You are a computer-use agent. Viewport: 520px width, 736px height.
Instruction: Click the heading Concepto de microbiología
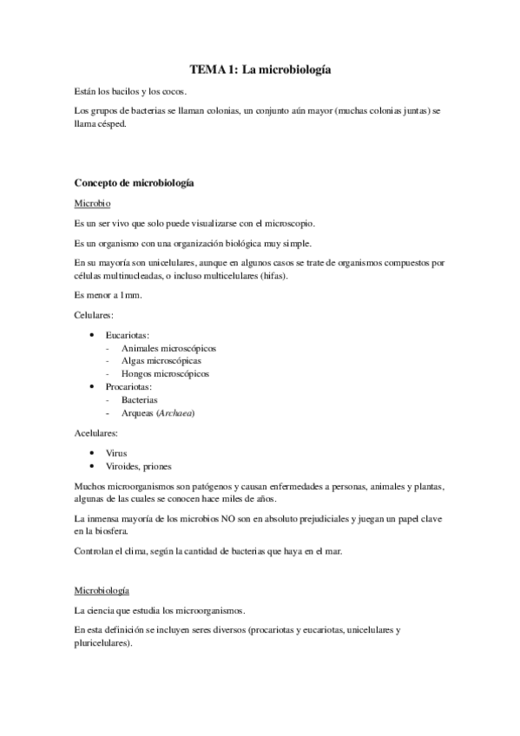pos(134,183)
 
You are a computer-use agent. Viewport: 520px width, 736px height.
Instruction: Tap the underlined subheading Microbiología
pos(102,590)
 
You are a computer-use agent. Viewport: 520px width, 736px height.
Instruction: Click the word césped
pos(112,123)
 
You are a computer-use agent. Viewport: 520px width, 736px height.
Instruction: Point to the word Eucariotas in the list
pos(128,334)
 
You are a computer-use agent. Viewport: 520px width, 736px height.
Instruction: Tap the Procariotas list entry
pos(129,386)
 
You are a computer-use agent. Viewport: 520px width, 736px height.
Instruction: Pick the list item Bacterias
pos(140,400)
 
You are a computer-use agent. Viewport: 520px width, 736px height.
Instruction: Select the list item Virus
pos(116,453)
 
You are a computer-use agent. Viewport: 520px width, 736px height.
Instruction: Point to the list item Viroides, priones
pos(138,466)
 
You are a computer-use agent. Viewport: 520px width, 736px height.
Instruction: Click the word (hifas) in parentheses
pos(272,275)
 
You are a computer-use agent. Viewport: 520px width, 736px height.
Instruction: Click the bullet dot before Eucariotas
pos(93,334)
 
